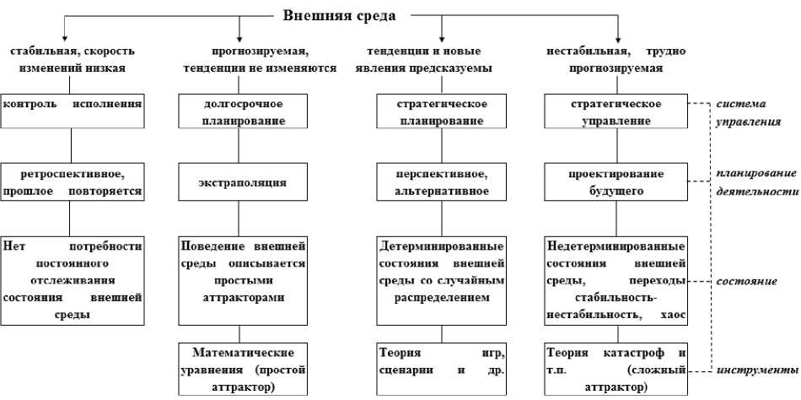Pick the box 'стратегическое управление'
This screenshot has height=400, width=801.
[x=616, y=111]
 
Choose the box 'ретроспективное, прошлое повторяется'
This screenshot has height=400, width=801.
[x=72, y=182]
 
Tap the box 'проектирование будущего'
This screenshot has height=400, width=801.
[x=616, y=182]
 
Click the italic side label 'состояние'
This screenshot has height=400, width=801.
[x=747, y=280]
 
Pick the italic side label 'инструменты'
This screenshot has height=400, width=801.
[x=755, y=370]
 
